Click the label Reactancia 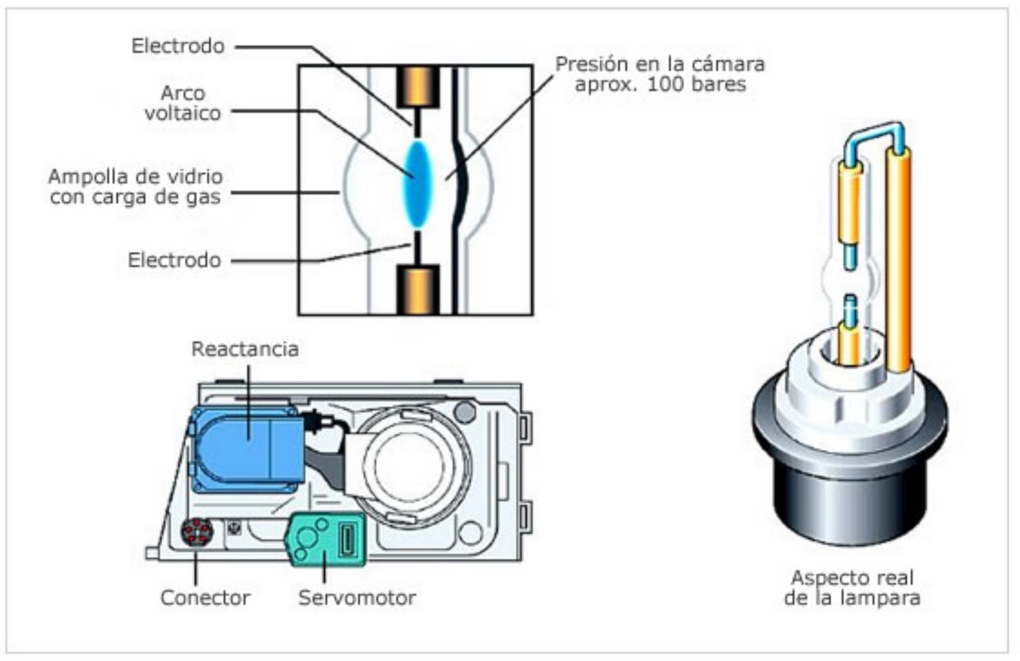245,349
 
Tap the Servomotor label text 357,598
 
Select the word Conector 205,598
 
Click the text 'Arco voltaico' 182,103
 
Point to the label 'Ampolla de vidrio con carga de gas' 135,186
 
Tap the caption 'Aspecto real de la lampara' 852,588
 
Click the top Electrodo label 178,46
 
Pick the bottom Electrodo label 174,260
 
